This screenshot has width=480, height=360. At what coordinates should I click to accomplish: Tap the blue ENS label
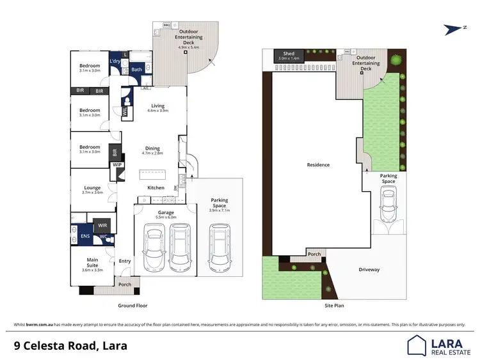pos(85,237)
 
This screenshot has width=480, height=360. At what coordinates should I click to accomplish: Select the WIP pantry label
pos(117,165)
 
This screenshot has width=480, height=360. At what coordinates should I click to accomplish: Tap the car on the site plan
pos(388,207)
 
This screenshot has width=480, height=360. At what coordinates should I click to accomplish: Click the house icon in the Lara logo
pos(417,345)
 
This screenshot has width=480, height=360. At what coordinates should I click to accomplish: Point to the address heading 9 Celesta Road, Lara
pos(70,346)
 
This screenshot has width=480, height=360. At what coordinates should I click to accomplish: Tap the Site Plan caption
pos(334,306)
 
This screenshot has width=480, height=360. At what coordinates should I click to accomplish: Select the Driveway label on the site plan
pos(369,270)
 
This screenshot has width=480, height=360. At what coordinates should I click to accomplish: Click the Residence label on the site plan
pos(318,165)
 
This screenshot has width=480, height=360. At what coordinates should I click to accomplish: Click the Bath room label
pos(136,70)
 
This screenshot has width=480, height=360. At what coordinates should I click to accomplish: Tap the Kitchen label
pos(156,187)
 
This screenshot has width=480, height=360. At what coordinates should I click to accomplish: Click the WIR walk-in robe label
pos(102,225)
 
